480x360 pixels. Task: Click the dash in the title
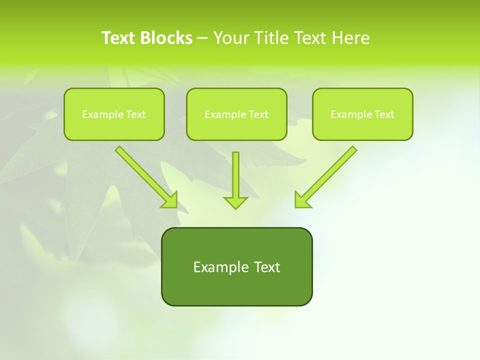[202, 38]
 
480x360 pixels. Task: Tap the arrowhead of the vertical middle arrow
[235, 202]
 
